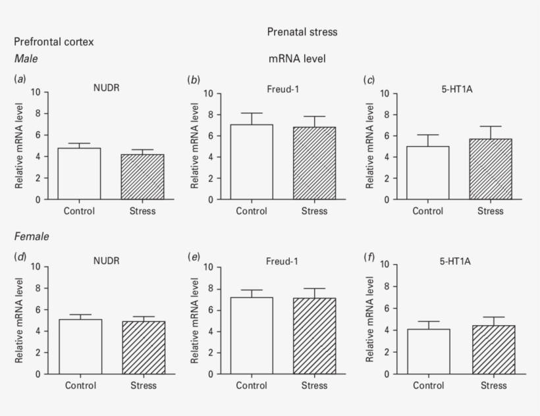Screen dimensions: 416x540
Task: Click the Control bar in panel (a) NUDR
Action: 79,174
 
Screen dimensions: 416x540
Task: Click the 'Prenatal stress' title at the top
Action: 302,32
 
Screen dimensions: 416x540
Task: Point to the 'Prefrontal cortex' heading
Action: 53,42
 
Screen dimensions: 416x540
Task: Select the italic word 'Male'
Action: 26,59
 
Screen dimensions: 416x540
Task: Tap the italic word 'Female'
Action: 30,235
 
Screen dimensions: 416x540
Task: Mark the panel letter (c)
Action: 369,80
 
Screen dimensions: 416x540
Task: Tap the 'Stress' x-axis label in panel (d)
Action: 142,385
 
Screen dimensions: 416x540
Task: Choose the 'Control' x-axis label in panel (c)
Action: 428,211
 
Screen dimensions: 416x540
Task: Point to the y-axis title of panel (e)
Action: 194,320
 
